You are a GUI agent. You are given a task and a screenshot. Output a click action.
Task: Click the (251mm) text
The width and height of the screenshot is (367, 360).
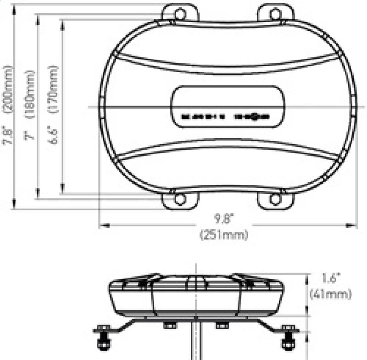click(x=224, y=235)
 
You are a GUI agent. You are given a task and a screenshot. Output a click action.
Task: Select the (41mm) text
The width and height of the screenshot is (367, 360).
click(x=330, y=293)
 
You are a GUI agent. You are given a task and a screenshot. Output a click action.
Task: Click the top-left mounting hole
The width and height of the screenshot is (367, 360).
click(x=180, y=14)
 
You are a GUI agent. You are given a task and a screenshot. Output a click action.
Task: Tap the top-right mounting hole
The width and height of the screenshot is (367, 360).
click(x=275, y=14)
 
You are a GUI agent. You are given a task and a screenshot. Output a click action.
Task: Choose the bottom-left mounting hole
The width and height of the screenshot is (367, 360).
click(x=180, y=199)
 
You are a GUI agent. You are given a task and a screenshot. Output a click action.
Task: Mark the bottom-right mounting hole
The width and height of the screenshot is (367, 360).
click(x=275, y=199)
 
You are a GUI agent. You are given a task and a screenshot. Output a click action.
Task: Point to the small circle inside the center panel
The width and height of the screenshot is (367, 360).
click(x=255, y=117)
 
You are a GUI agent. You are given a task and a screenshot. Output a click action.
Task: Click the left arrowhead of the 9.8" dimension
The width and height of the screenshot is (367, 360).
click(x=102, y=225)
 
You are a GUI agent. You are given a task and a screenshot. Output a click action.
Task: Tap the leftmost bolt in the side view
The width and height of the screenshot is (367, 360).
click(x=102, y=340)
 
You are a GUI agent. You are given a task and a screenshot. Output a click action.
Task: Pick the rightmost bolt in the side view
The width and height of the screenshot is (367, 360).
click(x=289, y=340)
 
